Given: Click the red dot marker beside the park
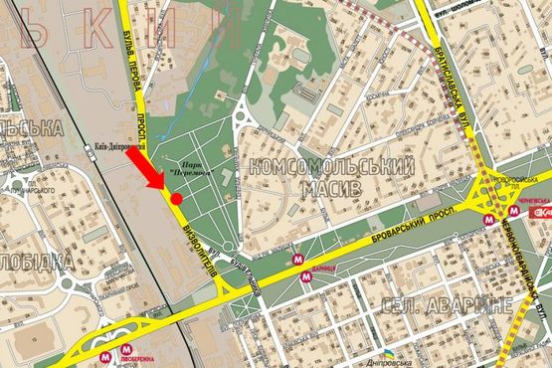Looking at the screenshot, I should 176,199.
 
